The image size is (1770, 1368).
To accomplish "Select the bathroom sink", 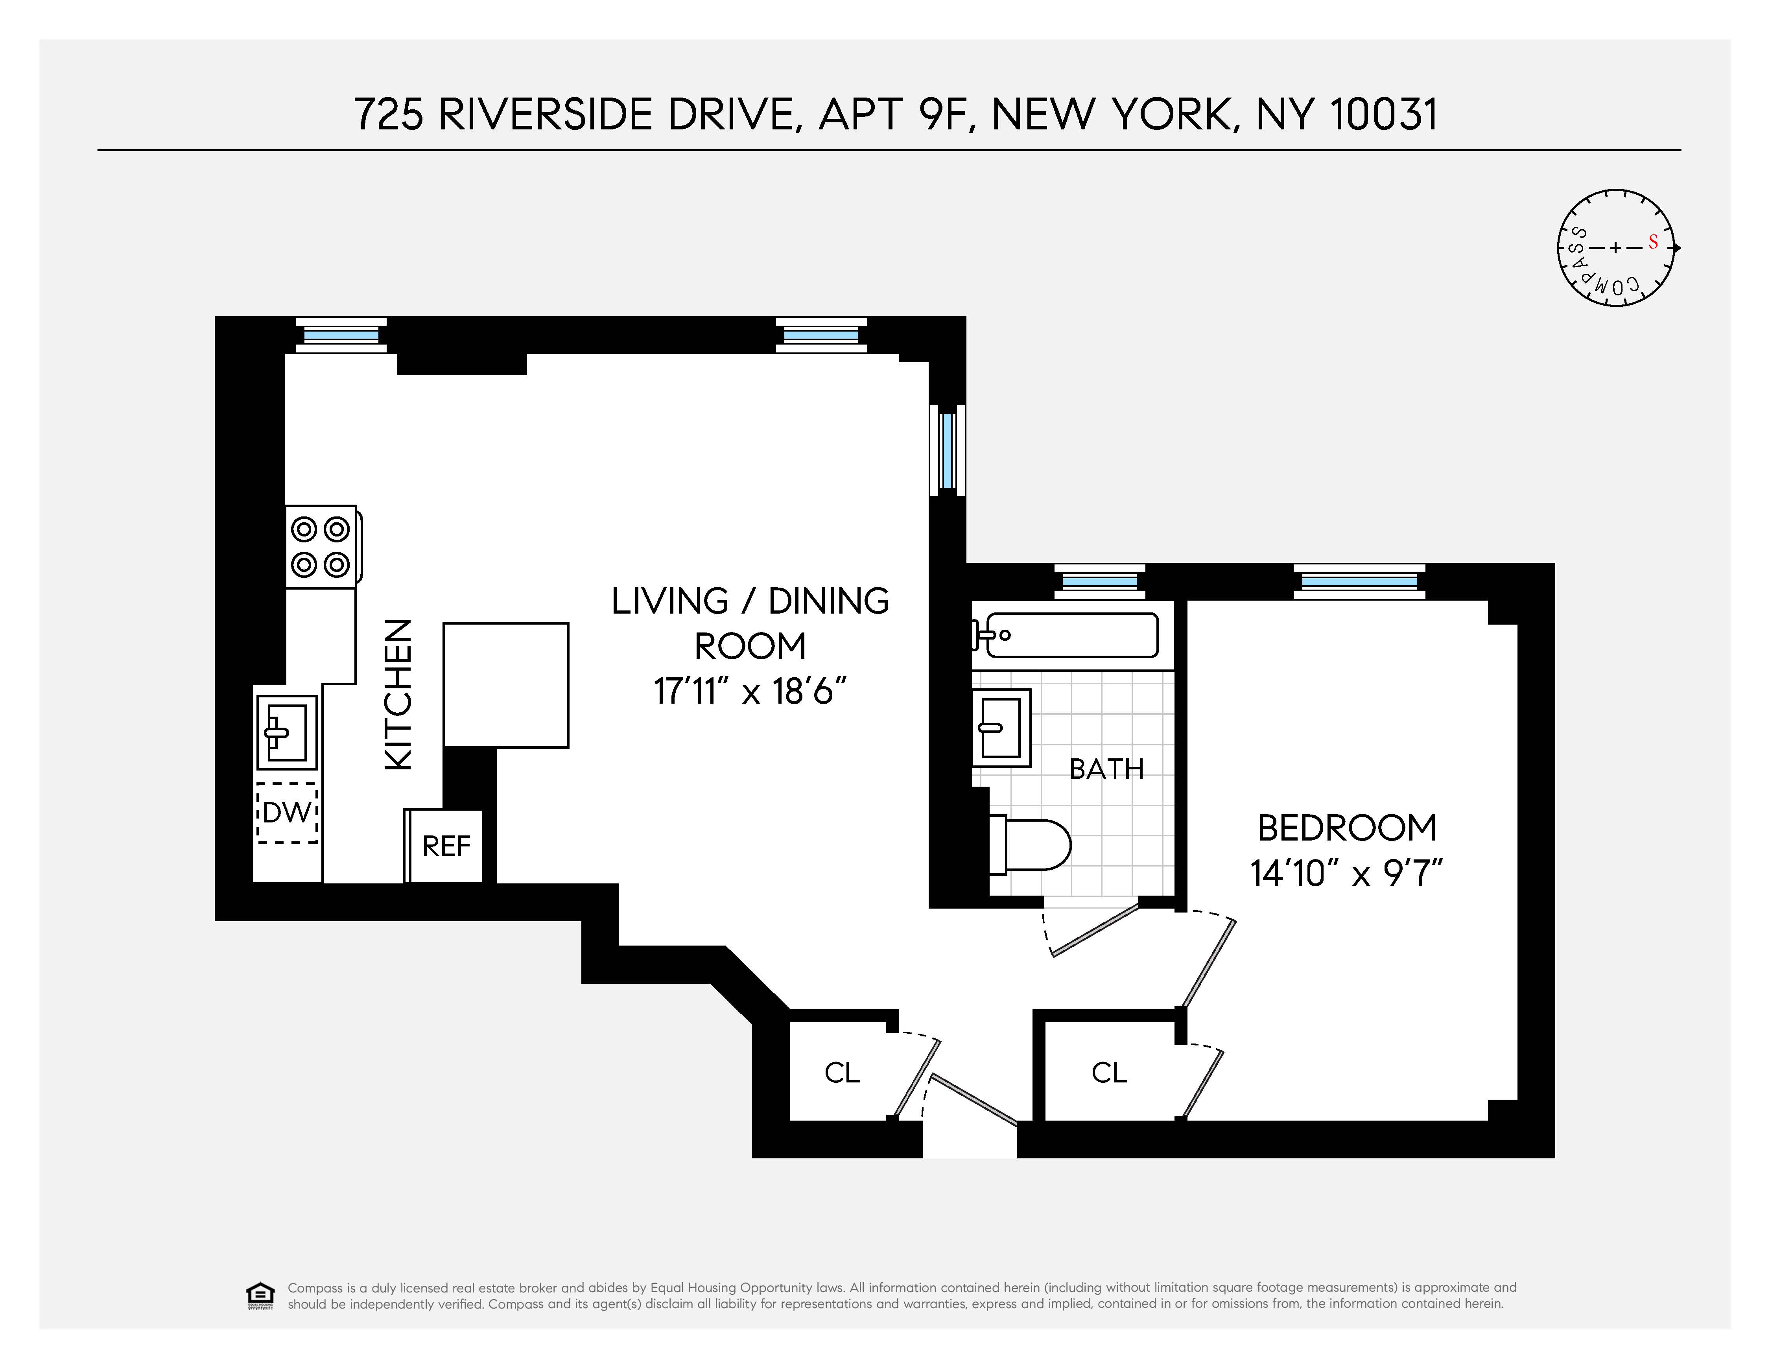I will click(x=1001, y=727).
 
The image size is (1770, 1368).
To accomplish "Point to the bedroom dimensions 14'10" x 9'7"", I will click(x=1346, y=874).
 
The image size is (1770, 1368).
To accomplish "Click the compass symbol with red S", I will click(x=1615, y=248).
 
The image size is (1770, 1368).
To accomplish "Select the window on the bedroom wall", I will click(x=1358, y=582).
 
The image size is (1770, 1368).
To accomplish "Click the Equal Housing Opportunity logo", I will click(x=259, y=1295).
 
